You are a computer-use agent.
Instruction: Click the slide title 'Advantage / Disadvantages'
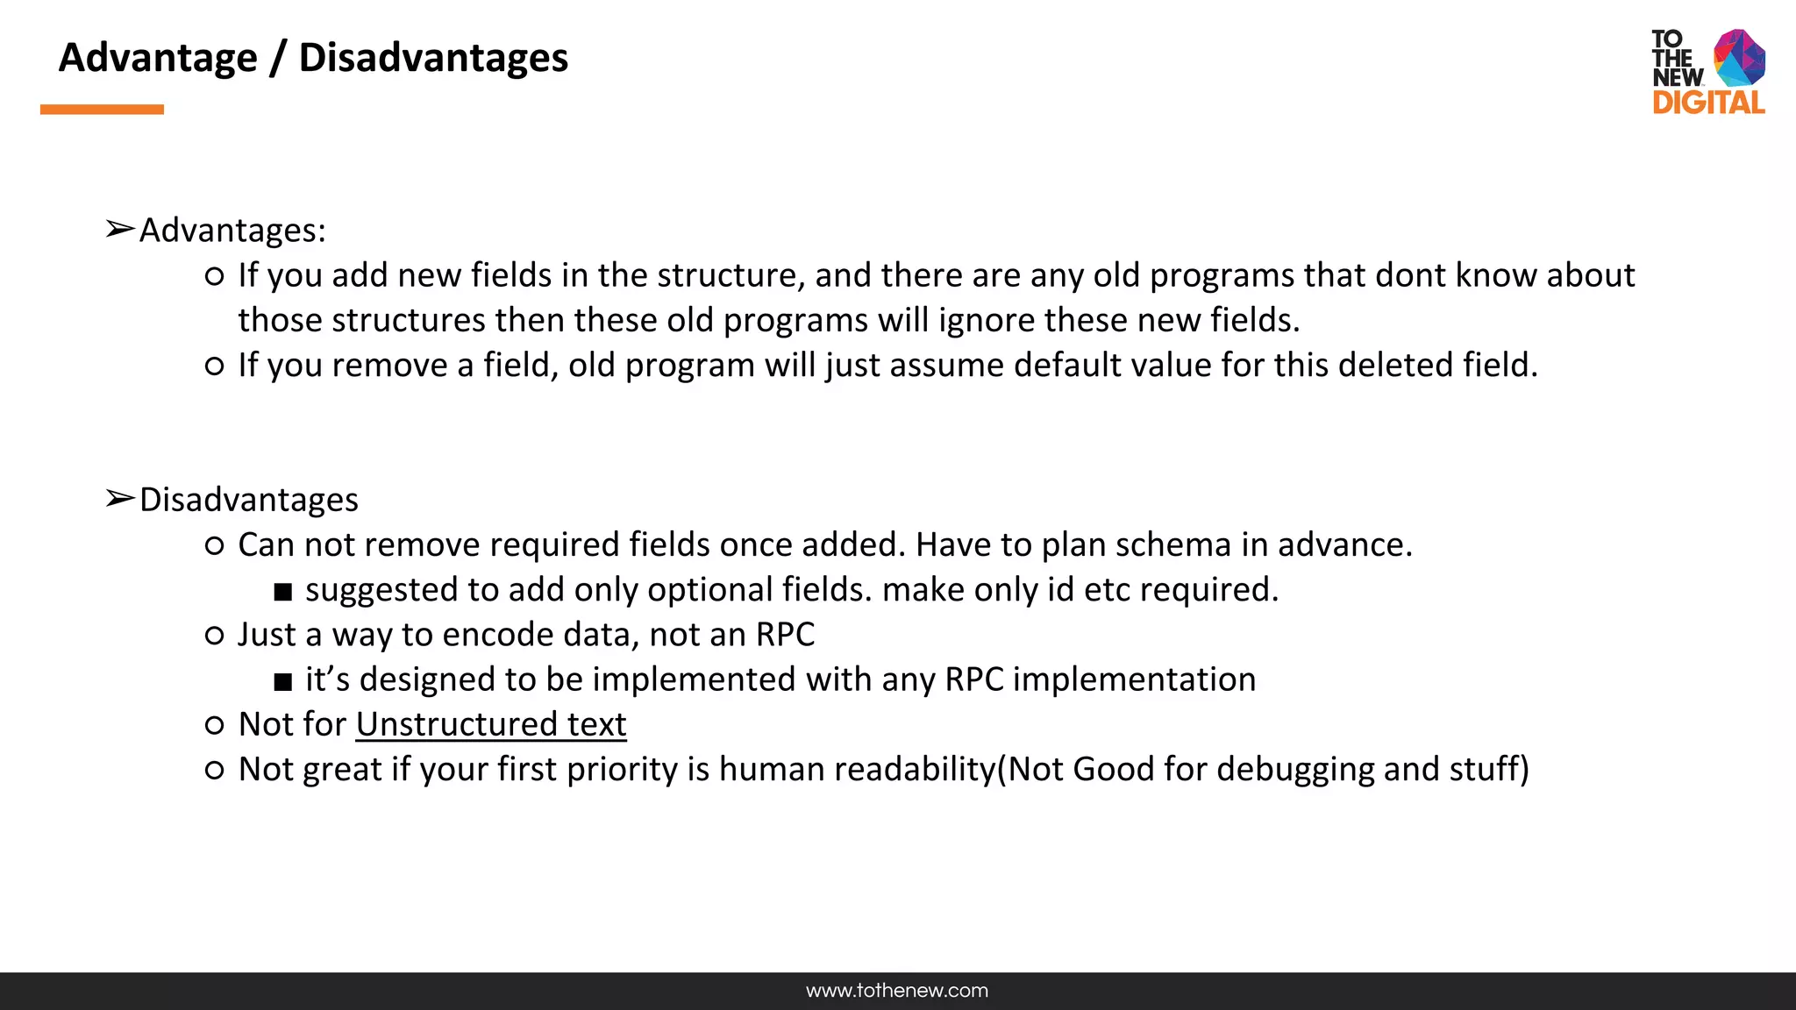point(313,58)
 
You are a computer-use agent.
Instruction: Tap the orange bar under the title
point(102,110)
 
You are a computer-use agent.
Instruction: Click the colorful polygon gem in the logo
point(1739,58)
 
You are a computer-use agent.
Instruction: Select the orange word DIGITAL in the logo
point(1708,103)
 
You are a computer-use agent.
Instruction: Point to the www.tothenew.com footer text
point(897,991)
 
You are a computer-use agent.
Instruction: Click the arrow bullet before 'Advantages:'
point(119,230)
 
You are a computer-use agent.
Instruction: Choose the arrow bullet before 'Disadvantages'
point(119,499)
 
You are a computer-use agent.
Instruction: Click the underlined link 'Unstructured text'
point(491,724)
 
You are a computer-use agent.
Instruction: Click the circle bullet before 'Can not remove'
point(214,546)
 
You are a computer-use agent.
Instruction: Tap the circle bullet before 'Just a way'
point(214,636)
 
